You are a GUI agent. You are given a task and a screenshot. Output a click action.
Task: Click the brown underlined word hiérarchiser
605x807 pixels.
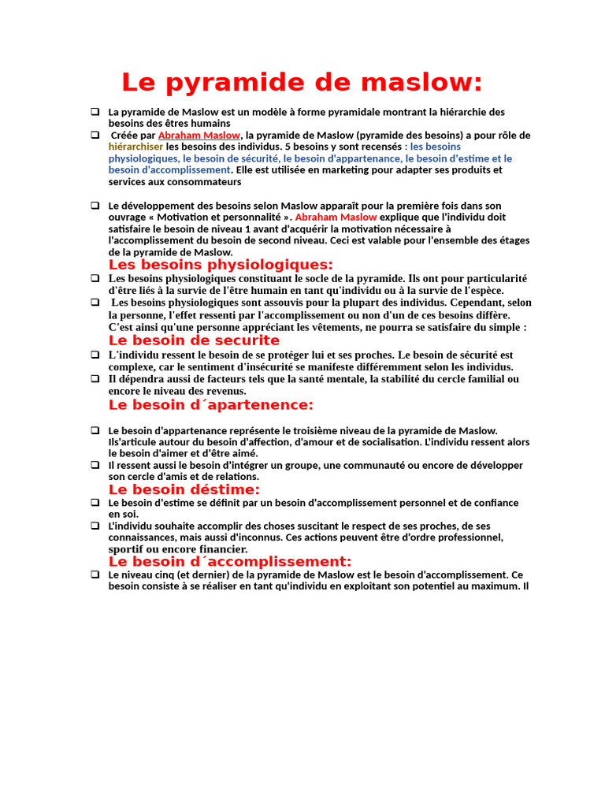click(x=135, y=147)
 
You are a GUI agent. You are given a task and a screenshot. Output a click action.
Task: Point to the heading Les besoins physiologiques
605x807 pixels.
click(x=221, y=265)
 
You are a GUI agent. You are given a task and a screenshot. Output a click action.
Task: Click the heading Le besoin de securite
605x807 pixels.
click(x=194, y=340)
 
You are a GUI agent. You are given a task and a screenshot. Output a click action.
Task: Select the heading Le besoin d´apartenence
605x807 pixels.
click(x=210, y=405)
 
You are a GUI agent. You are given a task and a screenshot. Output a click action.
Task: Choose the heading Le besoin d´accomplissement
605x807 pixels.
click(x=229, y=562)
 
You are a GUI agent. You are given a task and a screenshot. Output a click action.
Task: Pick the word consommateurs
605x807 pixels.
click(x=203, y=181)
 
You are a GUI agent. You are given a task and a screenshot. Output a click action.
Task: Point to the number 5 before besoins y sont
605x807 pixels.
click(x=287, y=147)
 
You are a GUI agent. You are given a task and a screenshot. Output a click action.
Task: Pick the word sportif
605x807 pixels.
click(x=125, y=549)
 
